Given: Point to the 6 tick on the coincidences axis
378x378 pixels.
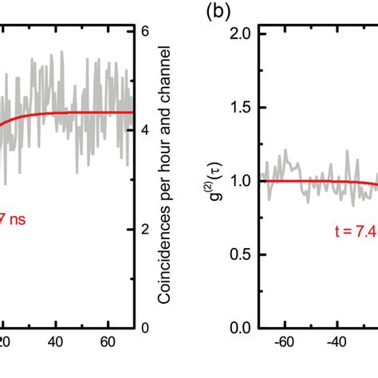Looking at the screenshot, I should click(x=144, y=32).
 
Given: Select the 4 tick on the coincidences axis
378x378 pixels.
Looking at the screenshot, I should click(x=144, y=131).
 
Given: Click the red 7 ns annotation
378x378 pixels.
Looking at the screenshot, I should click(x=16, y=218).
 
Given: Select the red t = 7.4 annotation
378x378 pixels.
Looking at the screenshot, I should click(x=356, y=231).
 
